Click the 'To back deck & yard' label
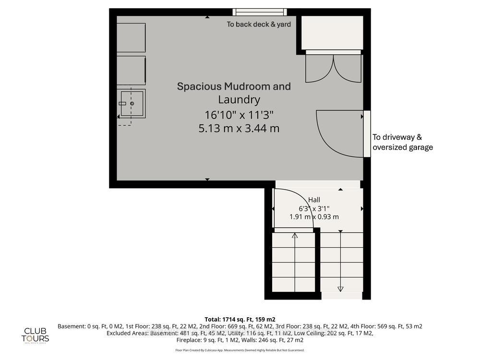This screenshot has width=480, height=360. pyautogui.click(x=259, y=24)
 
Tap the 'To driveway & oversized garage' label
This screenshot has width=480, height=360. pyautogui.click(x=403, y=143)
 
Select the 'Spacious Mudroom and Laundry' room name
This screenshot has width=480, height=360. pyautogui.click(x=234, y=93)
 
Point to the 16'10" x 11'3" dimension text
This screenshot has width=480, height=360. pyautogui.click(x=239, y=115)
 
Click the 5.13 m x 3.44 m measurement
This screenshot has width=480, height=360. pyautogui.click(x=239, y=128)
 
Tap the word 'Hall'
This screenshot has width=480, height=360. pyautogui.click(x=314, y=200)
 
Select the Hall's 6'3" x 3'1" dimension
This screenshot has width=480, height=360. pyautogui.click(x=314, y=208)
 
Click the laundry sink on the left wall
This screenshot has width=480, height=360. pyautogui.click(x=132, y=103)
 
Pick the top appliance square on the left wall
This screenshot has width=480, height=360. pyautogui.click(x=131, y=38)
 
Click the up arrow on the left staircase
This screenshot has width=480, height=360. pyautogui.click(x=295, y=236)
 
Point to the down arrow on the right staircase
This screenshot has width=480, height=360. pyautogui.click(x=341, y=288)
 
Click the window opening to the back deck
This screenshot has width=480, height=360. pyautogui.click(x=260, y=12)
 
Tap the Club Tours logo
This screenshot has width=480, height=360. pyautogui.click(x=36, y=334)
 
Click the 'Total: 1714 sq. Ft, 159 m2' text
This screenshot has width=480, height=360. pyautogui.click(x=240, y=319)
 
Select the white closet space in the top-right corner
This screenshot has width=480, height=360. pyautogui.click(x=332, y=32)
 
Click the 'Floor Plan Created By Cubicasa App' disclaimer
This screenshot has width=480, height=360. pyautogui.click(x=240, y=350)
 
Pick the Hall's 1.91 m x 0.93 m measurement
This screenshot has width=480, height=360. pyautogui.click(x=314, y=216)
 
